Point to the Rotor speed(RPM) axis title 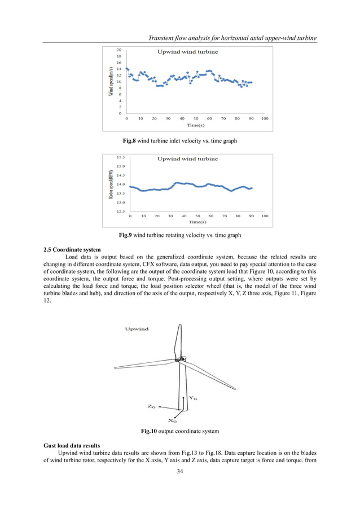(111, 184)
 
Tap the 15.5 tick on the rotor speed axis (121, 157)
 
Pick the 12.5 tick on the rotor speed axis (121, 212)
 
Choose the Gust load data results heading (74, 445)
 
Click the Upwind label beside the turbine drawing (137, 329)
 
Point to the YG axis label (192, 398)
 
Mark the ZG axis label (151, 406)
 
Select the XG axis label (173, 420)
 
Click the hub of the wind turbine (179, 359)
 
